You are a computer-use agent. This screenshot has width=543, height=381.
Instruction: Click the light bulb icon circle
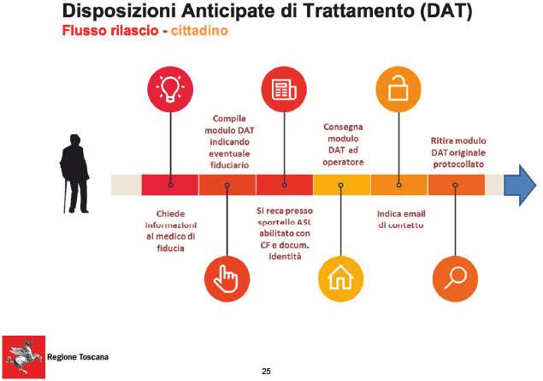[170, 89]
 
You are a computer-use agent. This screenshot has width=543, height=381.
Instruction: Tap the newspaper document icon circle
[284, 89]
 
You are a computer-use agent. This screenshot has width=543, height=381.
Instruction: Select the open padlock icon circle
[398, 89]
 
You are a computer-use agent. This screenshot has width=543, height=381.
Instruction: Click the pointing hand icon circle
[227, 279]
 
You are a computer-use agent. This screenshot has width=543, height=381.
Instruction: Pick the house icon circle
[340, 279]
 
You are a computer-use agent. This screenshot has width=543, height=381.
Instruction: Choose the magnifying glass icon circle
[455, 279]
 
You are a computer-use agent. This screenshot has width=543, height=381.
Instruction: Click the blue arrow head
[520, 185]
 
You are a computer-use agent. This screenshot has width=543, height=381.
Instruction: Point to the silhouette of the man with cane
[74, 173]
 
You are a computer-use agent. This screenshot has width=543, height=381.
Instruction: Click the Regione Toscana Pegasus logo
[24, 357]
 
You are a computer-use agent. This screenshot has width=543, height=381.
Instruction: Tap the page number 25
[266, 372]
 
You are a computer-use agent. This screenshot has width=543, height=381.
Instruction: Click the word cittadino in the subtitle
[199, 31]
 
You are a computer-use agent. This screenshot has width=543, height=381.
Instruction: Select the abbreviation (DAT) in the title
[446, 11]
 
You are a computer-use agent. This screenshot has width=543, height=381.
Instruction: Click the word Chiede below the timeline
[170, 213]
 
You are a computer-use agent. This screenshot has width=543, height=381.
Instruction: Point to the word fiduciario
[229, 165]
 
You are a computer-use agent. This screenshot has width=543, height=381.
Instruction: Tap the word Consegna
[343, 128]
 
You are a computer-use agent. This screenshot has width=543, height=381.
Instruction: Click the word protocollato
[458, 164]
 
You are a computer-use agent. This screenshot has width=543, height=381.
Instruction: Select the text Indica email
[401, 213]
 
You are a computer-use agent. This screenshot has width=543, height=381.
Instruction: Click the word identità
[285, 257]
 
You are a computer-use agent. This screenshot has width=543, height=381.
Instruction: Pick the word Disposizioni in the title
[119, 11]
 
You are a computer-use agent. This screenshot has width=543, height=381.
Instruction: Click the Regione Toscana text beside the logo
[78, 357]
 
